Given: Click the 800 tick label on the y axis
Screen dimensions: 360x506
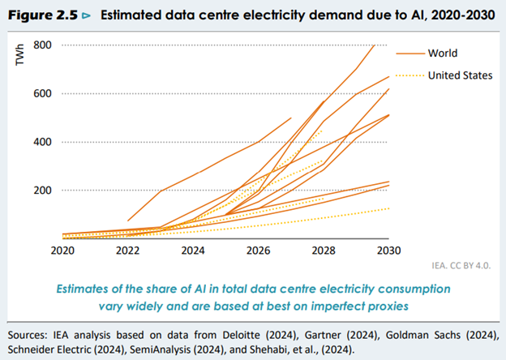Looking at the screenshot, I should tap(43, 45).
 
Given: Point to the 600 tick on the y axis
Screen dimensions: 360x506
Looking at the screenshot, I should tap(43, 93).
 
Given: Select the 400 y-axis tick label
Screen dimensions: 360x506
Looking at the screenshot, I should tap(43, 142).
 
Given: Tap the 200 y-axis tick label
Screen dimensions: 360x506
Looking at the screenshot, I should tap(43, 191).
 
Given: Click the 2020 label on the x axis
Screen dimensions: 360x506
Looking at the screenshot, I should tap(62, 251).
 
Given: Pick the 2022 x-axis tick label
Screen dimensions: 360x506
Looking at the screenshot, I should tap(127, 251).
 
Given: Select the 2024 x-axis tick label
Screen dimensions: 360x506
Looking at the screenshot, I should tap(193, 251).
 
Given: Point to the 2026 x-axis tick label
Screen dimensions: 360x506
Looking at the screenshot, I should tap(259, 251).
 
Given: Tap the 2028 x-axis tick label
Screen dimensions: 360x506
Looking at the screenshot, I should tap(324, 251).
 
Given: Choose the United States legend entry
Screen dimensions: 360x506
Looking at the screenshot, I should tap(461, 76).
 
